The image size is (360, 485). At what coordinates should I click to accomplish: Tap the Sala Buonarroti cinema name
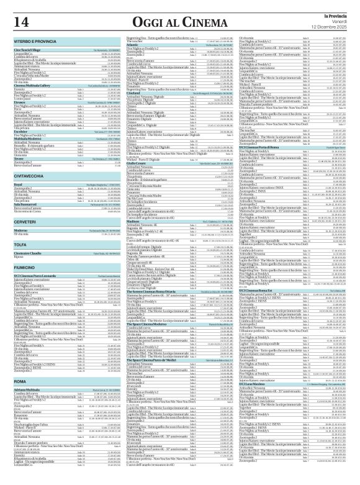[28, 204]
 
